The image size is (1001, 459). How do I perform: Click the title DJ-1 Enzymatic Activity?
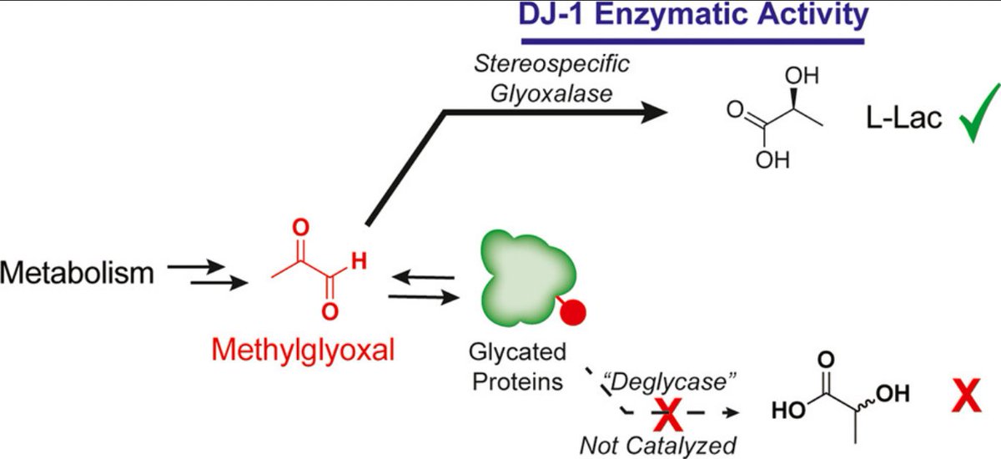[692, 16]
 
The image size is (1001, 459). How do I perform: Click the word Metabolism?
[78, 273]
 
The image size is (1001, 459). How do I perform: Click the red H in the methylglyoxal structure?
[359, 261]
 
